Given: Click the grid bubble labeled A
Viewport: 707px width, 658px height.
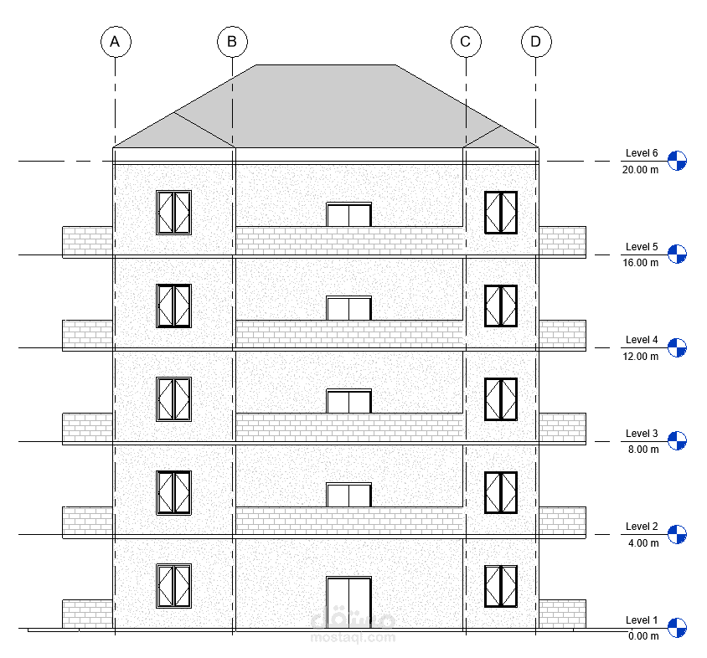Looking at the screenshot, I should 116,41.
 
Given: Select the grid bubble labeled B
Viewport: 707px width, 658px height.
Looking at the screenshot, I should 232,41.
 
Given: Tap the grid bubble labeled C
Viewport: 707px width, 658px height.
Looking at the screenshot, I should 466,41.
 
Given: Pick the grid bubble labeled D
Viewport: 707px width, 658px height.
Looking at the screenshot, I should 536,41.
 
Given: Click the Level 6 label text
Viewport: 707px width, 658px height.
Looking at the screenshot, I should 642,153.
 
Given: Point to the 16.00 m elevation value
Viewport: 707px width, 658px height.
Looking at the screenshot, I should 640,263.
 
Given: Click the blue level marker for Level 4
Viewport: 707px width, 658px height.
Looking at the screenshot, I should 677,347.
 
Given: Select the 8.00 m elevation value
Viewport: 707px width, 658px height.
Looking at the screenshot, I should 642,450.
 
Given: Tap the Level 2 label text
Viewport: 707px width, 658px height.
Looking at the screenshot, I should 642,527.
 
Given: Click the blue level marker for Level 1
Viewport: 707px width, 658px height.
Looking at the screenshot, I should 677,627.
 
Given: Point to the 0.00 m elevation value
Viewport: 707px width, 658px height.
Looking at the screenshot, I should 642,636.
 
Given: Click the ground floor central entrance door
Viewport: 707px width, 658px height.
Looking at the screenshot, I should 348,602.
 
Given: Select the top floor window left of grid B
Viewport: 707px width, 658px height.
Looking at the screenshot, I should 173,213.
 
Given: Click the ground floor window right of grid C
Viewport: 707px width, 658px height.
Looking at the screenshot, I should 500,587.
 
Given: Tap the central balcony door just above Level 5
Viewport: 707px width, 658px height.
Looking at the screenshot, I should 348,308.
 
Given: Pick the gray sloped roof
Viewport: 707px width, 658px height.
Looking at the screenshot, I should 327,105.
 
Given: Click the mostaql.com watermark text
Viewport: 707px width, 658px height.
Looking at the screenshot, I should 352,637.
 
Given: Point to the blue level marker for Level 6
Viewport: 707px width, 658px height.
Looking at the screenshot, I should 677,161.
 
